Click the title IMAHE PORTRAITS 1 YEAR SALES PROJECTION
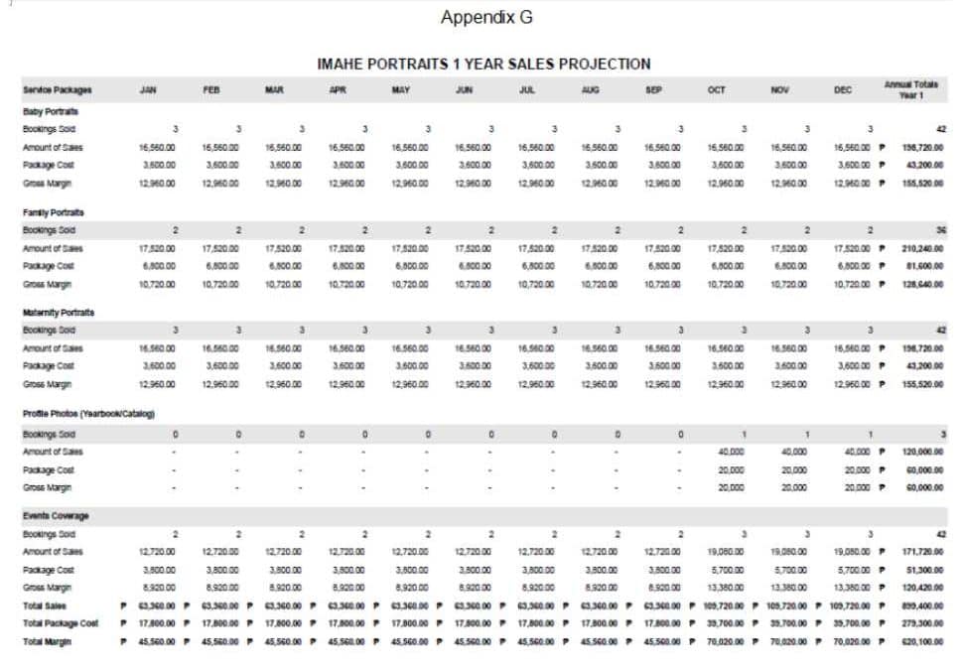(483, 64)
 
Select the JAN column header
(148, 89)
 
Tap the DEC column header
(842, 89)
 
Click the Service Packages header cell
(57, 89)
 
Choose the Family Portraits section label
(53, 212)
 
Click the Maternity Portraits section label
(58, 313)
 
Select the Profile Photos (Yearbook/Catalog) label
(88, 413)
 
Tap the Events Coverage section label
(55, 516)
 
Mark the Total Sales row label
(45, 605)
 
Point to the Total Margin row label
(48, 641)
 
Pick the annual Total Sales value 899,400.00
(922, 605)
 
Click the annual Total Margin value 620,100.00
(922, 641)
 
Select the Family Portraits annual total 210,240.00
(922, 248)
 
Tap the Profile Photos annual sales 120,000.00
(922, 452)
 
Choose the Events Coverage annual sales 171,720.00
(922, 551)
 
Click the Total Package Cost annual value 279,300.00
(922, 623)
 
